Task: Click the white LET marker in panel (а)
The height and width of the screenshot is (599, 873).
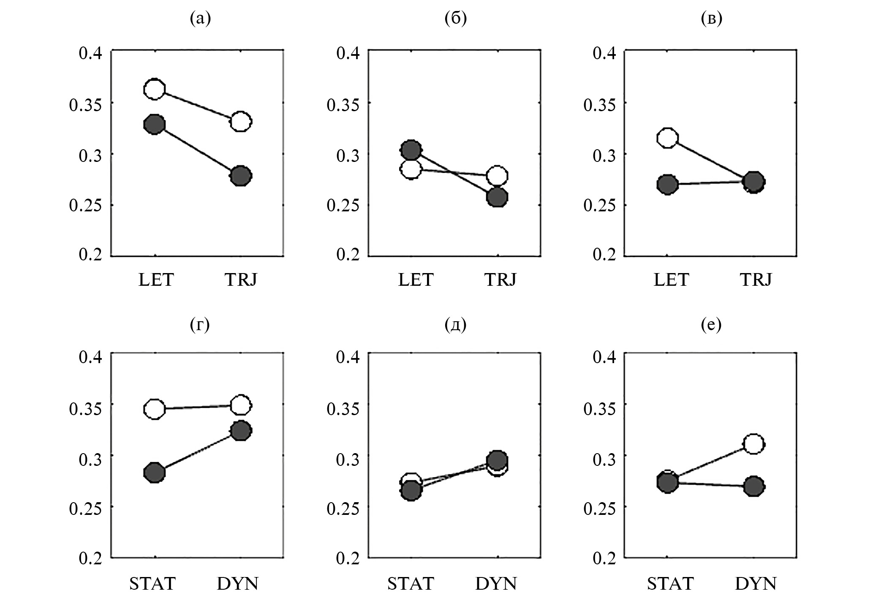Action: point(155,89)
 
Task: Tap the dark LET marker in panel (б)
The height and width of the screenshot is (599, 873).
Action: point(411,149)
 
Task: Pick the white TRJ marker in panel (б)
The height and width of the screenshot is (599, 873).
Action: point(498,175)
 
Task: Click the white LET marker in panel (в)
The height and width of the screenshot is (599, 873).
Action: point(668,138)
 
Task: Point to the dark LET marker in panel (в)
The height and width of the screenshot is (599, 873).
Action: point(668,184)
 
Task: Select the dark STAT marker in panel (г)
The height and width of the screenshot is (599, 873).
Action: point(155,472)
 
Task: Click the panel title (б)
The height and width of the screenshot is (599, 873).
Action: point(456,19)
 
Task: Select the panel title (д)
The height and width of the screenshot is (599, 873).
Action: point(456,325)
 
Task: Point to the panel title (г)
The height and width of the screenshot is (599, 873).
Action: point(200,325)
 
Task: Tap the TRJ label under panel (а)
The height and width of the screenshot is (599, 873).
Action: point(241,279)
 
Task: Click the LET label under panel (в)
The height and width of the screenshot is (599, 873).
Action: point(671,279)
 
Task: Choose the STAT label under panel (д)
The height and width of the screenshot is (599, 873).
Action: point(411,584)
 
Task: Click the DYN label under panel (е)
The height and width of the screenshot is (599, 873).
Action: point(756,584)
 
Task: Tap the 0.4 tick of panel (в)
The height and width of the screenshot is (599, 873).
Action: point(604,54)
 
